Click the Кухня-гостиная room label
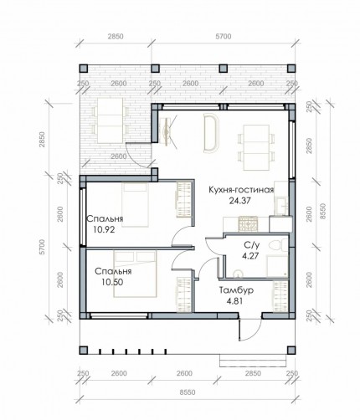click(x=241, y=190)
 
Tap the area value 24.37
click(x=239, y=201)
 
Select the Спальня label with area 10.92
click(x=105, y=219)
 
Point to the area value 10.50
click(x=112, y=282)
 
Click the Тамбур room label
click(x=236, y=290)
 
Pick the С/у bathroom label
click(x=252, y=245)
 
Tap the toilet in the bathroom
click(x=278, y=245)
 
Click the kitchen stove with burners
click(x=248, y=224)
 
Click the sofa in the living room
click(x=212, y=133)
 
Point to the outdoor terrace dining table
click(x=110, y=120)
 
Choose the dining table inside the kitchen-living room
click(x=256, y=147)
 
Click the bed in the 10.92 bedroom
click(x=135, y=205)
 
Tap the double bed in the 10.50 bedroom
click(x=135, y=274)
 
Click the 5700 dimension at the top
click(x=224, y=37)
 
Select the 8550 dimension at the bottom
click(x=188, y=392)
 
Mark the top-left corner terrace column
click(x=84, y=69)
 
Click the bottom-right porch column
click(x=291, y=351)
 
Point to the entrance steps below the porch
click(x=253, y=361)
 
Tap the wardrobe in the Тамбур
click(x=280, y=296)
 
